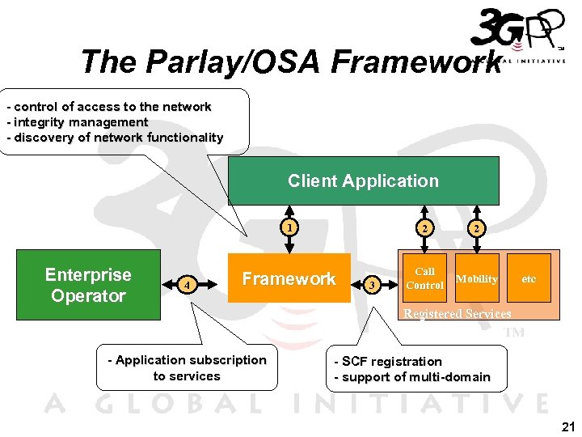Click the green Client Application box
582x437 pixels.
point(363,181)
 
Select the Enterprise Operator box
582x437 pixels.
point(87,286)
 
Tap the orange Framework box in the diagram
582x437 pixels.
point(289,279)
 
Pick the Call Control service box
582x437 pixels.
point(424,278)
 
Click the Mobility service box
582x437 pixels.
point(476,278)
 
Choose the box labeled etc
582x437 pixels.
point(528,278)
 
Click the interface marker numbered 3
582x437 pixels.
point(372,285)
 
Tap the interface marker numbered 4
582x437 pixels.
point(188,285)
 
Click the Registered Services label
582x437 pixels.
point(457,313)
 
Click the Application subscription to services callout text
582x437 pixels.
point(187,367)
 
